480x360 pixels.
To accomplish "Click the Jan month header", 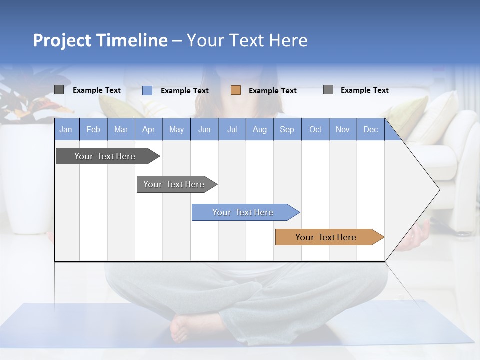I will (x=66, y=130).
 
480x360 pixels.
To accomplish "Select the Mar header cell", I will (x=121, y=130).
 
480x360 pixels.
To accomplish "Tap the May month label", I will (x=176, y=130).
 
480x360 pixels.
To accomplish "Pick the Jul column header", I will (x=232, y=130).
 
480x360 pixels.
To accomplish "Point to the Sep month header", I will (x=287, y=130).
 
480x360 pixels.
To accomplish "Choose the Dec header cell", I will (x=370, y=130).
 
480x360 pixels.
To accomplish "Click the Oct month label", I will (x=315, y=130).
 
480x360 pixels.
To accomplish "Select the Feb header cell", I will (x=93, y=130).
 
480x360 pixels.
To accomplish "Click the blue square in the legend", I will (x=147, y=90).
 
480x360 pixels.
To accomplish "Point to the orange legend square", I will (x=236, y=90).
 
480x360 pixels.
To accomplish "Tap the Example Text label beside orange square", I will (x=272, y=91).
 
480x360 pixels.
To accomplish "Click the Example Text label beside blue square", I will (x=184, y=91).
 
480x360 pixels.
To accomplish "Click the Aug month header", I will (x=259, y=130).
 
